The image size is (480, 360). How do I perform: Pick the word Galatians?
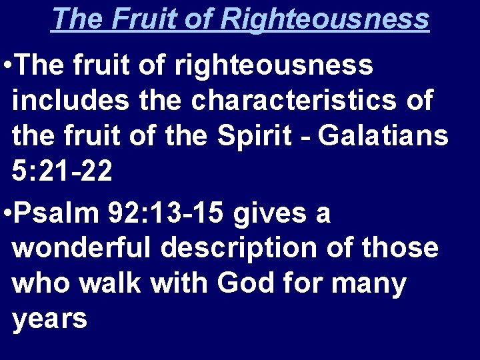point(384,137)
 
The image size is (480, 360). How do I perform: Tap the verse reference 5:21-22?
point(63,173)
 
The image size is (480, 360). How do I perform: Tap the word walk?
point(113,283)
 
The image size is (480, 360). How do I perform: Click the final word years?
point(50,321)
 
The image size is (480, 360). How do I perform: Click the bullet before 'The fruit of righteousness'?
point(6,66)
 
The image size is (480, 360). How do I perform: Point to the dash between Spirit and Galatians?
point(306,138)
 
